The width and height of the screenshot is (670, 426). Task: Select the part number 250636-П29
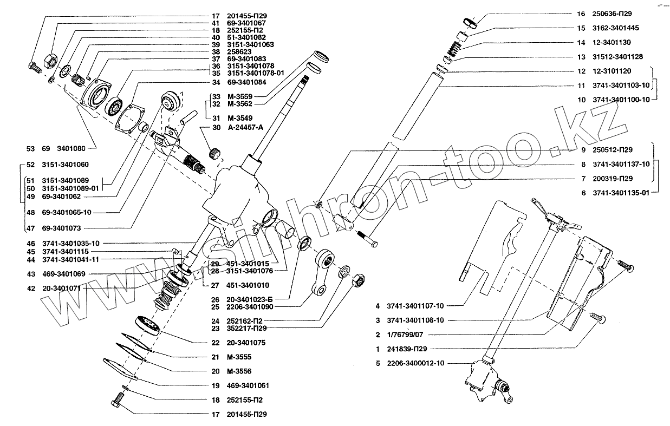click(x=609, y=14)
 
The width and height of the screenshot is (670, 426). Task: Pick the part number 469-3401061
click(x=248, y=386)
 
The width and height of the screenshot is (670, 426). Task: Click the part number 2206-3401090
click(x=246, y=306)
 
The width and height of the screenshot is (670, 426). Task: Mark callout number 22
click(x=216, y=343)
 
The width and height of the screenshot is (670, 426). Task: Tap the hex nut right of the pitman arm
click(x=358, y=280)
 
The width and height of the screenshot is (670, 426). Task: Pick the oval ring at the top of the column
click(x=470, y=23)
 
